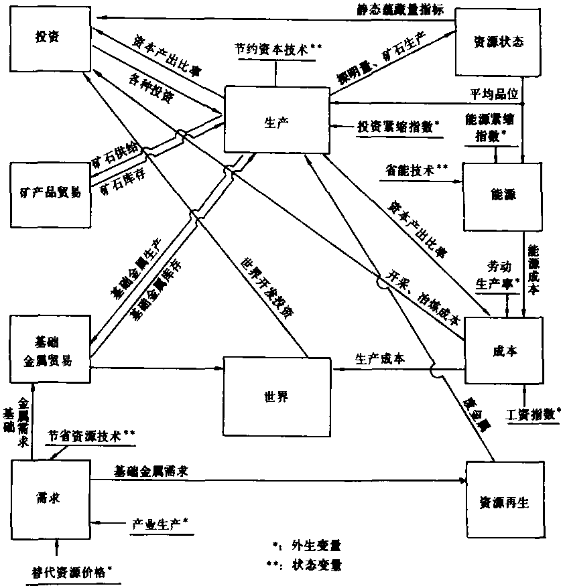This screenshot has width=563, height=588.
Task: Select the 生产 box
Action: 275,121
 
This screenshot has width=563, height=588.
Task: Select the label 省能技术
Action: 416,170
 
